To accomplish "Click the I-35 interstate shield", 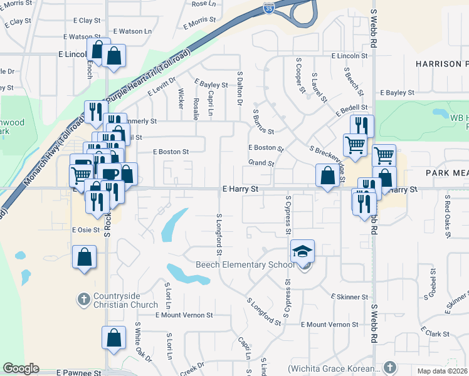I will tap(268, 9).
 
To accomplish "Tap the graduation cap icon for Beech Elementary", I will tap(302, 251).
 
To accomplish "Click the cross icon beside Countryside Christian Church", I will tap(84, 298).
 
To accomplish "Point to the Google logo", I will tap(21, 368).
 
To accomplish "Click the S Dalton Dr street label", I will tap(240, 88).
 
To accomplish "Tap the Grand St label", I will tap(261, 163).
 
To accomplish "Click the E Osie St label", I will tap(86, 230).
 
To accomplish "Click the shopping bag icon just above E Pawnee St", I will tap(113, 338).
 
